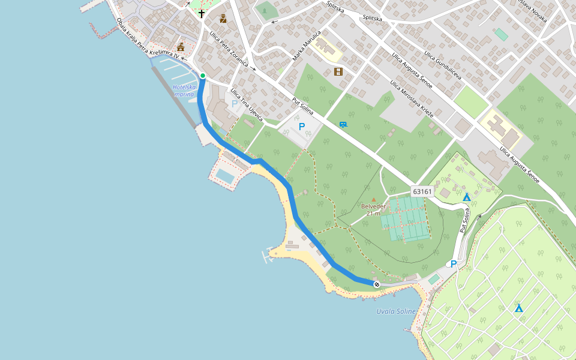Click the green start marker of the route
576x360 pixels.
203,76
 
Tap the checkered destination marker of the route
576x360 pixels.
376,284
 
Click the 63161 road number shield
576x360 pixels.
422,191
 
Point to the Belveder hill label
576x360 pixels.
373,209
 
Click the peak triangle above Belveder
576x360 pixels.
373,200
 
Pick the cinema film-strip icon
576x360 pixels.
338,71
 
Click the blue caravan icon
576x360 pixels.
343,125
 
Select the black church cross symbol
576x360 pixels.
202,13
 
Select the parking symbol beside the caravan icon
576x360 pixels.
302,127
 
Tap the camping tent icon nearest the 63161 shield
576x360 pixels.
466,197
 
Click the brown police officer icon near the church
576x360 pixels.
223,19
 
